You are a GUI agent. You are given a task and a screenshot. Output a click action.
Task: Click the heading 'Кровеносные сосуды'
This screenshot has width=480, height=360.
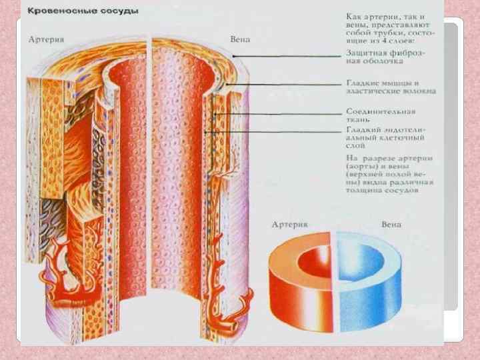(x=83, y=11)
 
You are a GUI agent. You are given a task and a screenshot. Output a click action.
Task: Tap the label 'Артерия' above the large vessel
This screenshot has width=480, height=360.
(x=47, y=39)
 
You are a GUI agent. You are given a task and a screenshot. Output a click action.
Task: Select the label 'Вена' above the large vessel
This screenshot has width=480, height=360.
(x=240, y=39)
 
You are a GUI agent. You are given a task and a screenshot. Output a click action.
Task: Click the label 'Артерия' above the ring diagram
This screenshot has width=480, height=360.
(x=289, y=225)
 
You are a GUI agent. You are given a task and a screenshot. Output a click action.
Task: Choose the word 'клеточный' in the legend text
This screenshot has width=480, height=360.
(x=396, y=139)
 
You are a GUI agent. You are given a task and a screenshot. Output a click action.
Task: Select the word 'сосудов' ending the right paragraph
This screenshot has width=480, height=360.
(x=403, y=190)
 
